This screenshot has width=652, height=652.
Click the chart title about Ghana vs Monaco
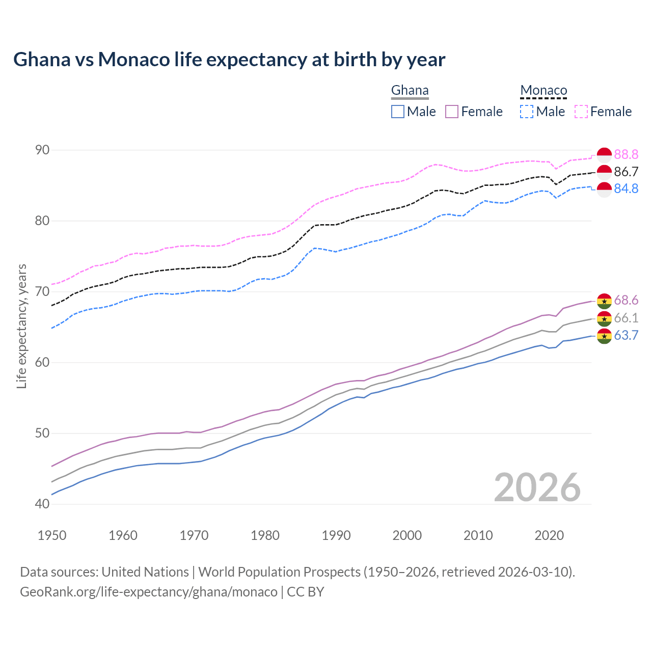(229, 60)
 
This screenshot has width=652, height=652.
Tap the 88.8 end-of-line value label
(626, 154)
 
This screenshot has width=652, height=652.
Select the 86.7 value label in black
(626, 172)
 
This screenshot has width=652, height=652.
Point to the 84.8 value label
(626, 188)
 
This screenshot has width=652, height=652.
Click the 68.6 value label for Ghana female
(626, 301)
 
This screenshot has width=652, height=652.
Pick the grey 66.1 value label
(626, 318)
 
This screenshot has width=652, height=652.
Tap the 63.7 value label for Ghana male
(626, 335)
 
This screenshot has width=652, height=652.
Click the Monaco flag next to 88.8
(604, 154)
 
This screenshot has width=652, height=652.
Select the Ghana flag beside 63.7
(604, 336)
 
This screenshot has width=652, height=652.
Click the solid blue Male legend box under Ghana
(398, 112)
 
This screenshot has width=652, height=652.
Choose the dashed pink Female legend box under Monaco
(581, 112)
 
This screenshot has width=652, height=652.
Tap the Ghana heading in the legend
(410, 91)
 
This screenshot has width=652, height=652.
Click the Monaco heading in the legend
(544, 91)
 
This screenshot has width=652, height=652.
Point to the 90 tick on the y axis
(42, 150)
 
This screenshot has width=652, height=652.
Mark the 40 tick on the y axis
(42, 504)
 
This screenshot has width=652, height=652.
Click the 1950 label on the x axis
(52, 535)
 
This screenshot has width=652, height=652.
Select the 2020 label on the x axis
(549, 535)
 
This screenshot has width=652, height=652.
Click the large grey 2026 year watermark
(537, 487)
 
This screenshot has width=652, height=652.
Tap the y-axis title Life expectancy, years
(22, 326)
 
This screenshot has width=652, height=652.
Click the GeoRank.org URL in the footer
(148, 592)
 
